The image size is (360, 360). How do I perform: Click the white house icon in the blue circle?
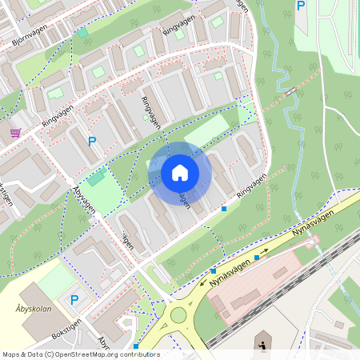click(180, 173)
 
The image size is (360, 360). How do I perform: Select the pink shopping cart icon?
click(15, 133)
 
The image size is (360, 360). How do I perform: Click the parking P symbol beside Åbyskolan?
click(74, 300)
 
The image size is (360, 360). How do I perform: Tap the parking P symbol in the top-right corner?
click(301, 6)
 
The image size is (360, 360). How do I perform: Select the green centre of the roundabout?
click(177, 315)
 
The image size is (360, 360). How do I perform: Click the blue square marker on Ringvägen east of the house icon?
click(224, 208)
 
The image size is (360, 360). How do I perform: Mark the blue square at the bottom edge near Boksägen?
click(136, 346)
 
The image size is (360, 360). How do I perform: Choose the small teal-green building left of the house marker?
click(96, 178)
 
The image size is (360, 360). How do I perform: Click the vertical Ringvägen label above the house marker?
click(150, 113)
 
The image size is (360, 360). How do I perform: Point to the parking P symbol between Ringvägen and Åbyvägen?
click(92, 141)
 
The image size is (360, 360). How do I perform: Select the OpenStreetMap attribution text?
click(80, 354)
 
